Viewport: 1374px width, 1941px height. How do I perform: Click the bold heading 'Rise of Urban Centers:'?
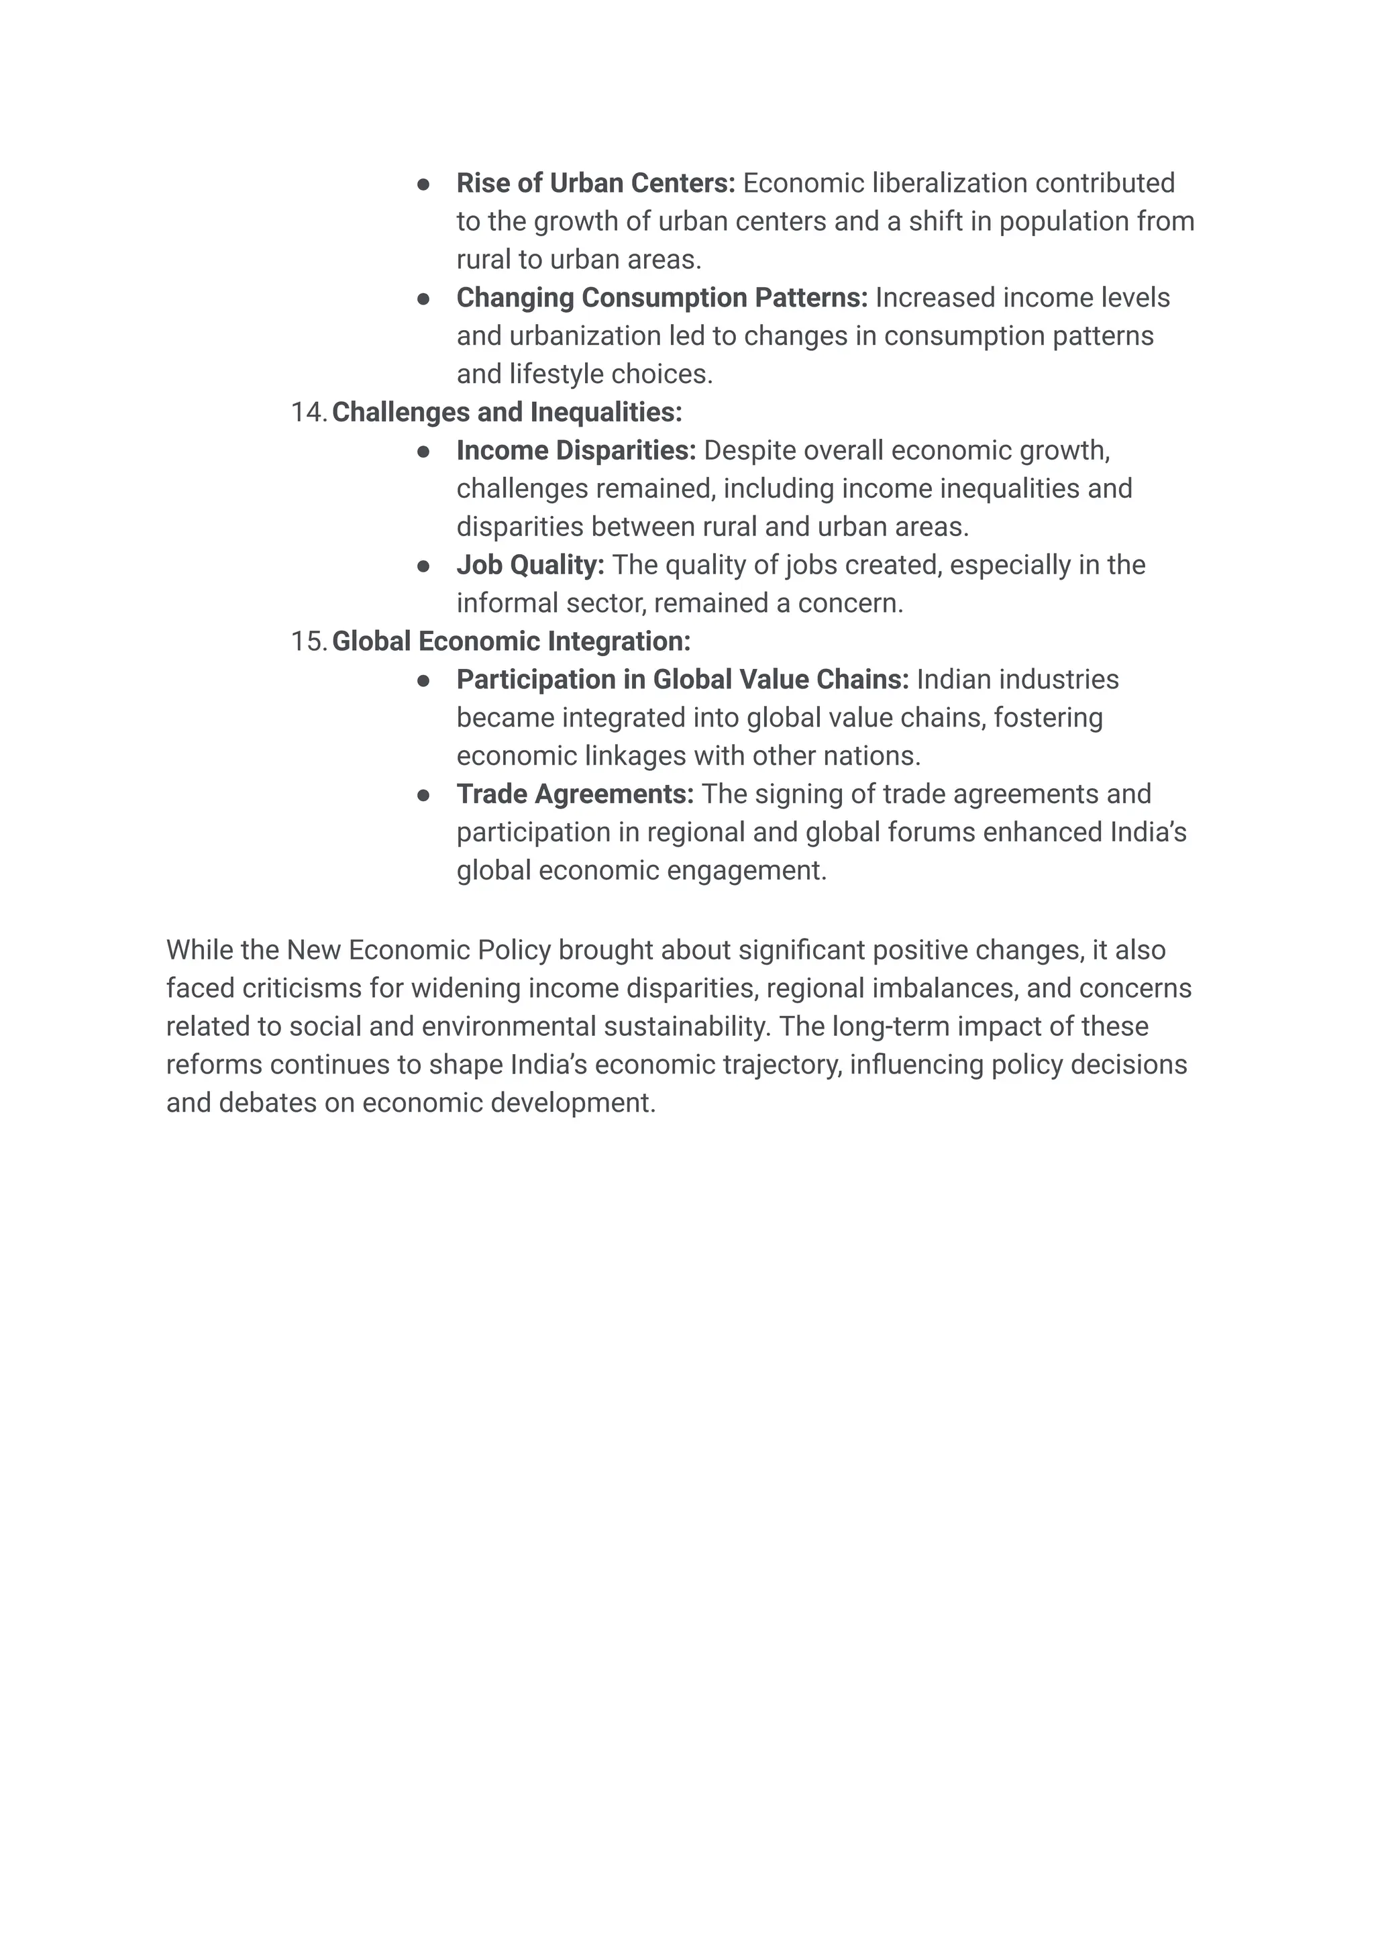pos(596,182)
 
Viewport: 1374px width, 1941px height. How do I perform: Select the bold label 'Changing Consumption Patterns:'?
pos(662,298)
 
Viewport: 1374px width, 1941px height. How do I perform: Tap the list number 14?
pos(307,413)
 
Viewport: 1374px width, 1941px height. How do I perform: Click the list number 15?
pos(307,641)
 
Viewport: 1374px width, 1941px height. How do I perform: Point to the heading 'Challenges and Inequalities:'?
pos(507,413)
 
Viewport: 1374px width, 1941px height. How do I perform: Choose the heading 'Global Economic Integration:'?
pos(511,641)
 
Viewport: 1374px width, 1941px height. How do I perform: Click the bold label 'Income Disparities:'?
pos(576,451)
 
